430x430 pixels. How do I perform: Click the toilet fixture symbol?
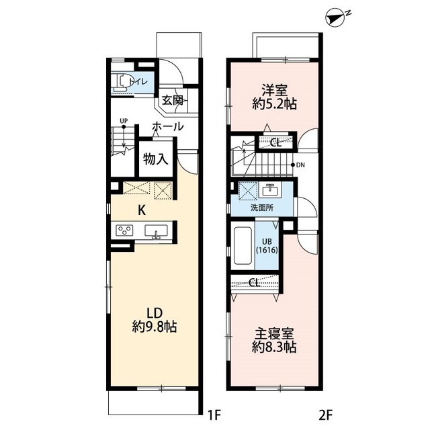click(x=122, y=82)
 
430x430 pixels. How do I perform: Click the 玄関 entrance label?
click(x=172, y=101)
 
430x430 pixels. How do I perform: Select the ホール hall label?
click(x=168, y=126)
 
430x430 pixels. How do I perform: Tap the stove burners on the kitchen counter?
click(x=124, y=231)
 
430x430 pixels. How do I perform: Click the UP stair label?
click(x=124, y=122)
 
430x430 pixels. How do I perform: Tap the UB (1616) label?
click(x=266, y=246)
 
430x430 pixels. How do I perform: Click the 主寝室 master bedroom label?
click(x=276, y=334)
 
